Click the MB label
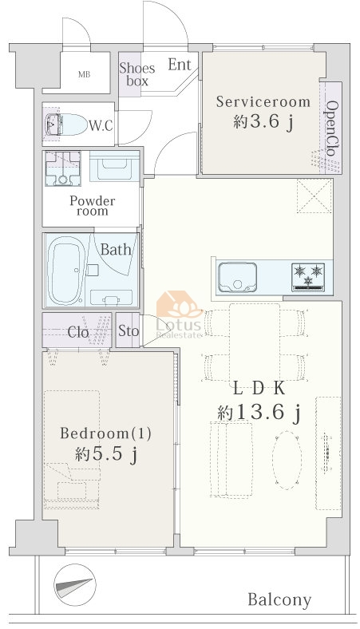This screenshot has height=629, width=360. [x=85, y=74]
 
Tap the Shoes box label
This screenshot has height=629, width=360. [x=136, y=74]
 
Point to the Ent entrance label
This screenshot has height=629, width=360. [x=180, y=64]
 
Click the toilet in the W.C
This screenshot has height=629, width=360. [x=66, y=124]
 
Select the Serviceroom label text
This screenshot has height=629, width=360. [x=263, y=101]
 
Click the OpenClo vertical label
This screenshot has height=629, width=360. [x=332, y=128]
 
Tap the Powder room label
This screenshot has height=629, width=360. [x=93, y=206]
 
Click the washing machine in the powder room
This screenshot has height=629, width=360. [x=62, y=168]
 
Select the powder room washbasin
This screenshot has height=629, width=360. [x=114, y=166]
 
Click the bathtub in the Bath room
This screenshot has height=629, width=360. [x=65, y=271]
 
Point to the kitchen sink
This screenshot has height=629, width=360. [x=237, y=277]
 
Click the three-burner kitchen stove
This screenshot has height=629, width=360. [x=308, y=277]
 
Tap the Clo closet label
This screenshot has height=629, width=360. [x=78, y=332]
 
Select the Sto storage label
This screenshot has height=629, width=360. [x=129, y=331]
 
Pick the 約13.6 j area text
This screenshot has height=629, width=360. [x=259, y=412]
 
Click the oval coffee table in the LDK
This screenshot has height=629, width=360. [x=287, y=460]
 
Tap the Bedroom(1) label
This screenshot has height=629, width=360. [x=105, y=433]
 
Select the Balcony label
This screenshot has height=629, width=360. [x=279, y=600]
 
